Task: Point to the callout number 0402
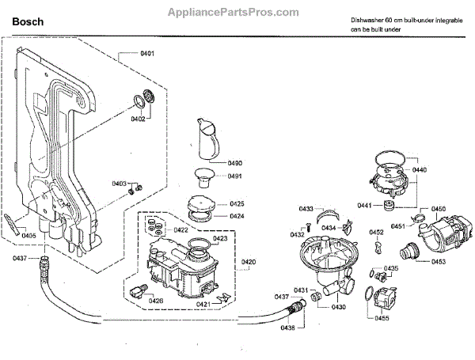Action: [x=139, y=119]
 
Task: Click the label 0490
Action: [x=235, y=163]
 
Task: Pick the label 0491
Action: [x=235, y=176]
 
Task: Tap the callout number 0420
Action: [x=249, y=261]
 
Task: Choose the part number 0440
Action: [x=420, y=170]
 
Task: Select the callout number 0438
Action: [x=287, y=327]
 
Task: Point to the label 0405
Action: [x=28, y=235]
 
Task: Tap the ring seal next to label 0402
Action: [x=143, y=100]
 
